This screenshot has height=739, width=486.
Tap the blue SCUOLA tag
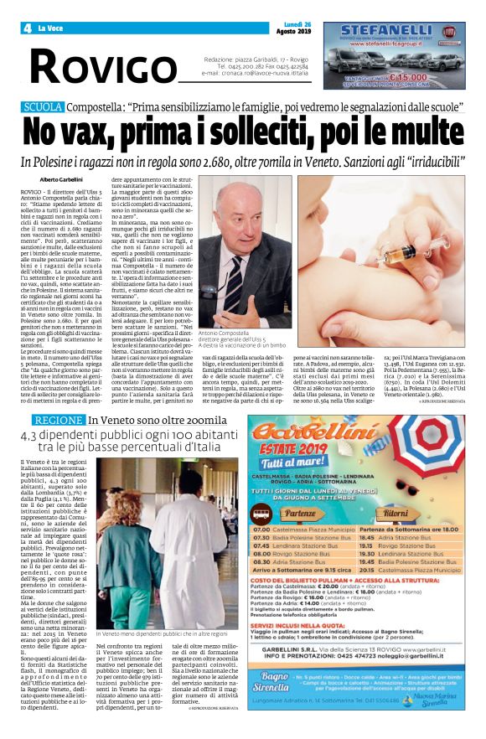click(x=43, y=107)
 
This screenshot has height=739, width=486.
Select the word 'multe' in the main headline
click(x=428, y=133)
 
